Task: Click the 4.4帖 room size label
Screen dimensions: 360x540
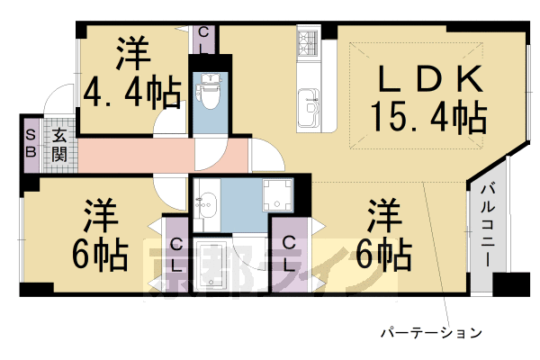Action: pos(131,92)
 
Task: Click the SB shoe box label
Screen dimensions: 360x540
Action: pos(30,144)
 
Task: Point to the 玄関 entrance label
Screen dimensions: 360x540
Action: pos(59,145)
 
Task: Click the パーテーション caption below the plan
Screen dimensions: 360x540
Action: pos(431,332)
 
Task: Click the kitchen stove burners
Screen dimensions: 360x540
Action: pos(308,42)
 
